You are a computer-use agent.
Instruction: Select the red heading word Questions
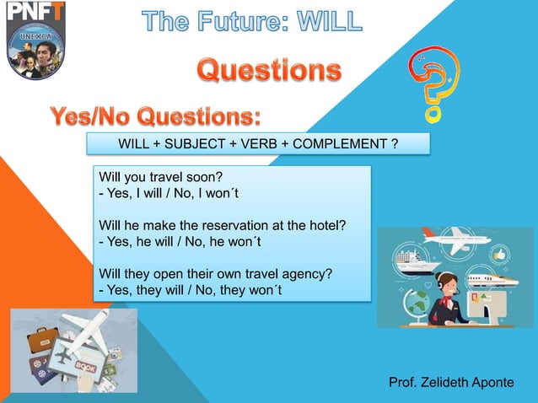tap(270, 70)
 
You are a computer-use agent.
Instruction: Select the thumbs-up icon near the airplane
tap(499, 254)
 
